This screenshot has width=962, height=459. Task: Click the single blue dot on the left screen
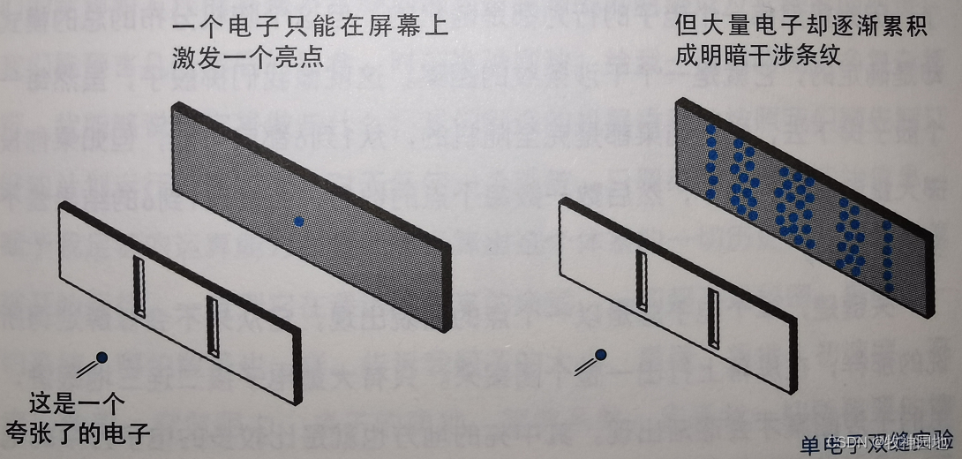point(298,222)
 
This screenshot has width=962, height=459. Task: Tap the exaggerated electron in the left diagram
point(102,357)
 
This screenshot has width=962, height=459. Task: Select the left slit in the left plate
point(138,284)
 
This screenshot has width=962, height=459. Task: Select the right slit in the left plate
point(212,325)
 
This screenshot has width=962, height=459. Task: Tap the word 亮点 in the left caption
point(299,59)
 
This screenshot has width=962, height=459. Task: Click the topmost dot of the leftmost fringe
point(710,130)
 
